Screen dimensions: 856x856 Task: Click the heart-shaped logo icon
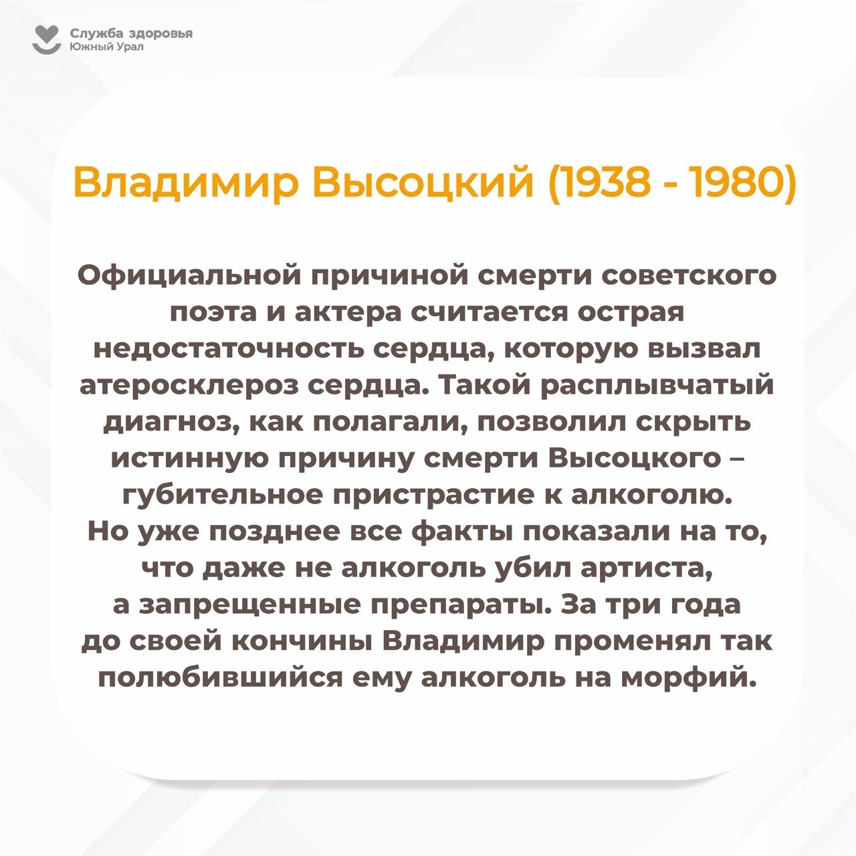[47, 39]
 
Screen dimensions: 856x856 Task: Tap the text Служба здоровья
[131, 33]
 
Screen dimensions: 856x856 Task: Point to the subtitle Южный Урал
[106, 47]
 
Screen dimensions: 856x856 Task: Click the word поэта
[213, 313]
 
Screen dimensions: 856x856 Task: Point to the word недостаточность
[229, 350]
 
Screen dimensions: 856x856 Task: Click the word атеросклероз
[190, 387]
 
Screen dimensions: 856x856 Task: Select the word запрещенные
[249, 607]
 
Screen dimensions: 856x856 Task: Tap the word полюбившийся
[220, 679]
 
